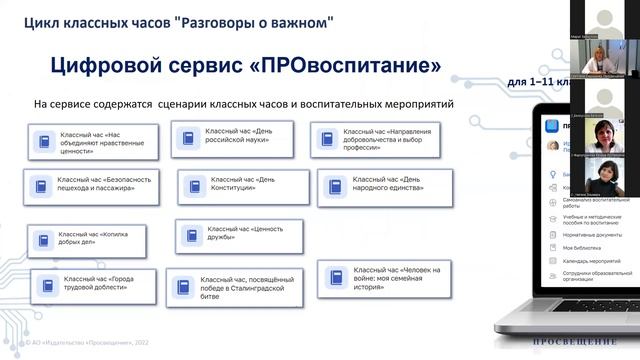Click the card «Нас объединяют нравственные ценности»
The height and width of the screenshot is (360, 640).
pyautogui.click(x=93, y=142)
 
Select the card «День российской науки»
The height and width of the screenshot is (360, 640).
pyautogui.click(x=232, y=139)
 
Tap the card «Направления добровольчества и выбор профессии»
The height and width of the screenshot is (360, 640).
pyautogui.click(x=376, y=140)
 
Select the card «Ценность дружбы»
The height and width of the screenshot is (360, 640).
pyautogui.click(x=233, y=235)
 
